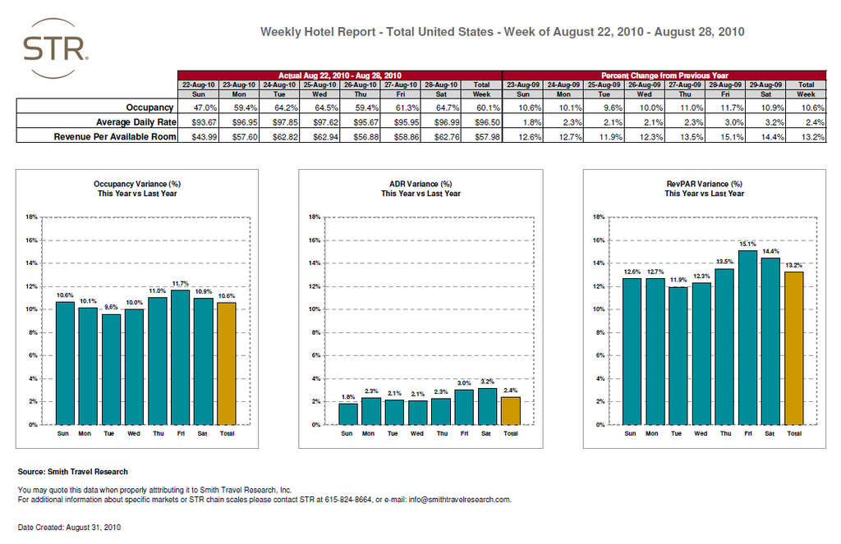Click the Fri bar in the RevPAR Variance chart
747,337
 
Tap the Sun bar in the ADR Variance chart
348,414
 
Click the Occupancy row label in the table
149,107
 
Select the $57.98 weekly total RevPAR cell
482,136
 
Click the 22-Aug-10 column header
198,84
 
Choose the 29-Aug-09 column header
766,84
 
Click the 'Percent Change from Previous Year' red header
664,75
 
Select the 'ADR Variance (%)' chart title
420,184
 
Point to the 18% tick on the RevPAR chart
599,217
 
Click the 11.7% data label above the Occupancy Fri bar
180,283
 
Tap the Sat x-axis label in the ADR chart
485,433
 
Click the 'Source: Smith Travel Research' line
73,472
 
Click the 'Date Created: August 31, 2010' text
70,526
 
